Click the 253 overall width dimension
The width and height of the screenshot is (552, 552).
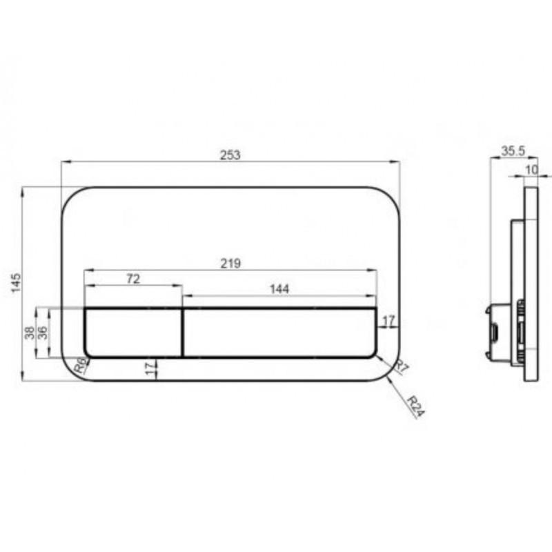230,155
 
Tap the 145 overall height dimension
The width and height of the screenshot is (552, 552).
16,283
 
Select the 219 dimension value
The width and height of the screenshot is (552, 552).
230,264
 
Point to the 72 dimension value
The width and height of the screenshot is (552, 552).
133,279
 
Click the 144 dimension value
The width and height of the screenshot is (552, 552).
279,289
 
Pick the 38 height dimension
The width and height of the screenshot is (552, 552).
30,333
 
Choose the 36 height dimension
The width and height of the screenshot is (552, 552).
42,333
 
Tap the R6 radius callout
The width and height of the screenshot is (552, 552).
80,365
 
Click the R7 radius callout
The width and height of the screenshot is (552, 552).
402,367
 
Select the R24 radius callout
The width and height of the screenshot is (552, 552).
417,406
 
